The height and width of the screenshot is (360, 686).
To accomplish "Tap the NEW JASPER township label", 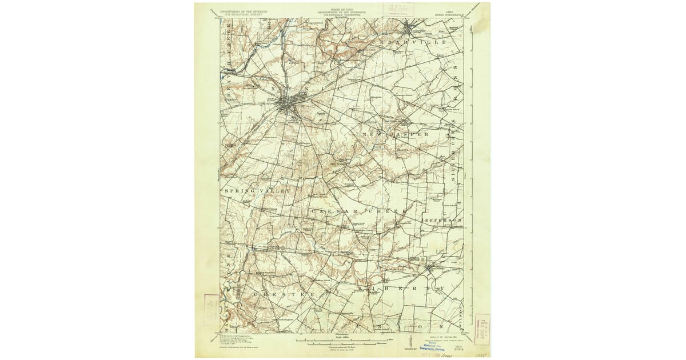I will [x=395, y=134].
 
